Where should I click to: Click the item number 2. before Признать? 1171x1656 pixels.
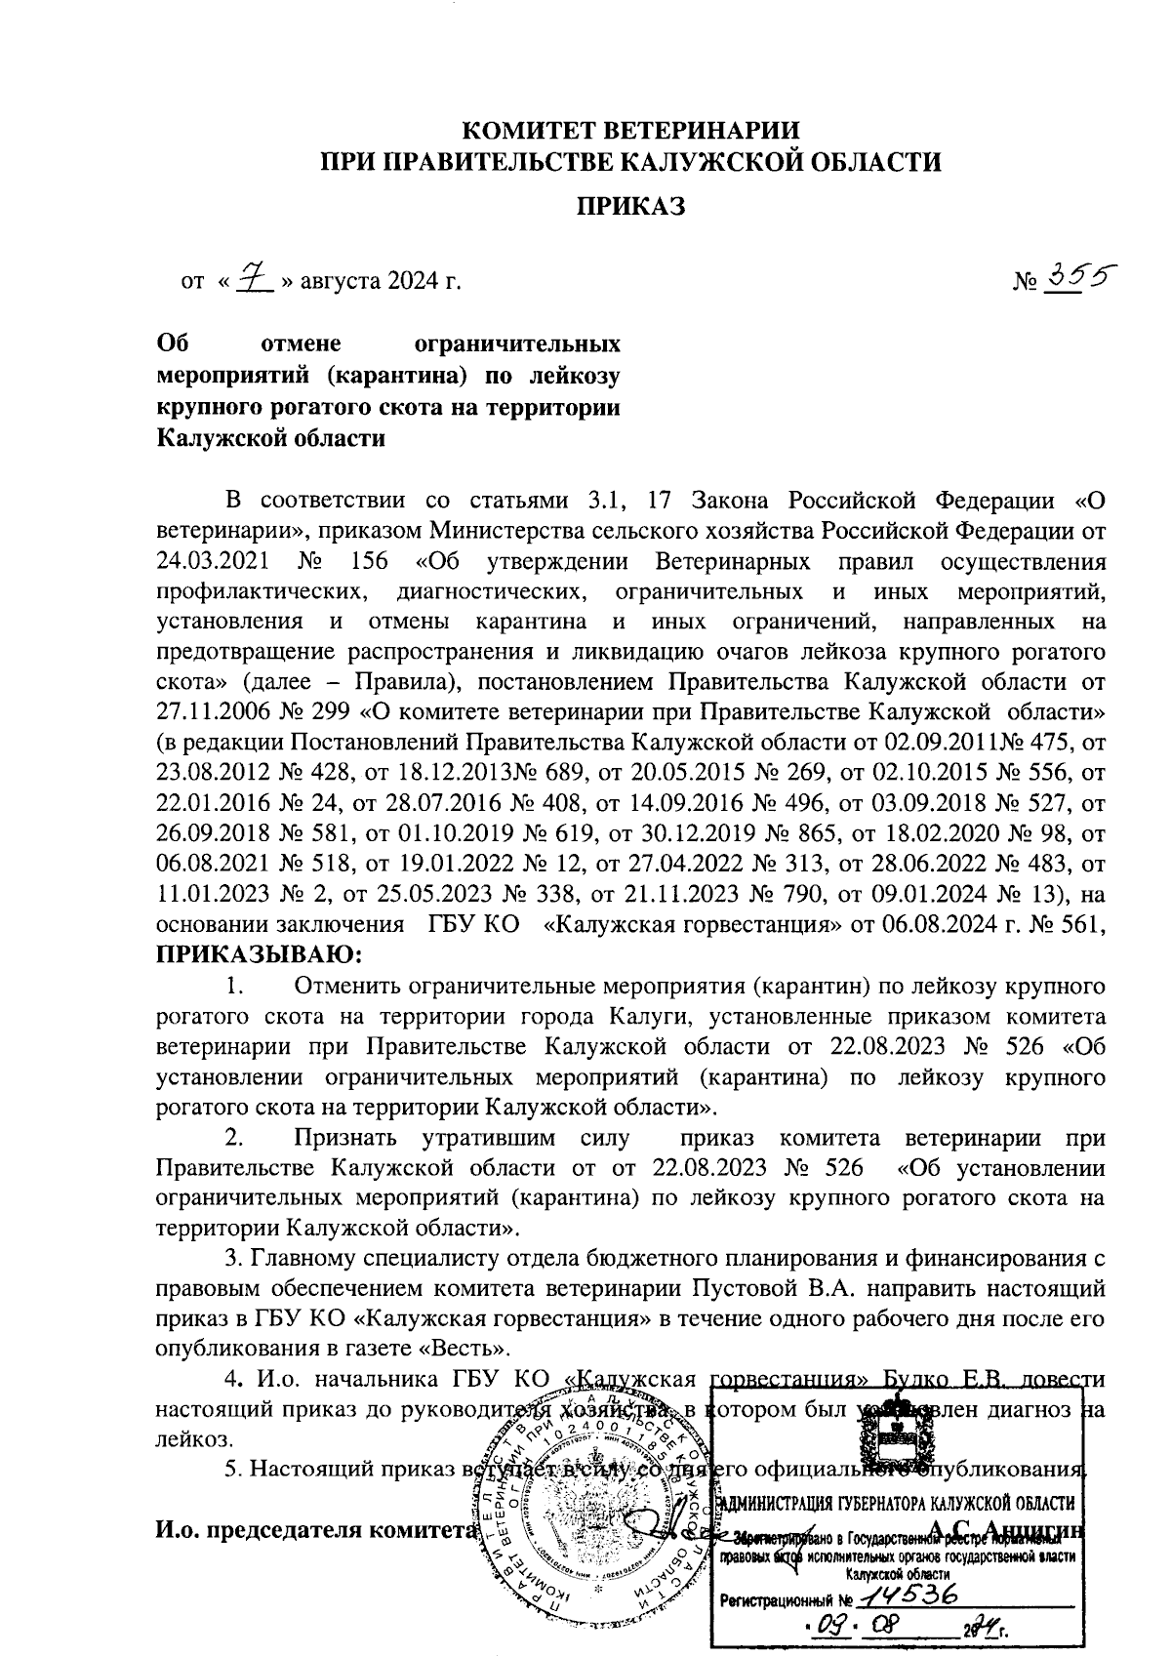point(234,1138)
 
